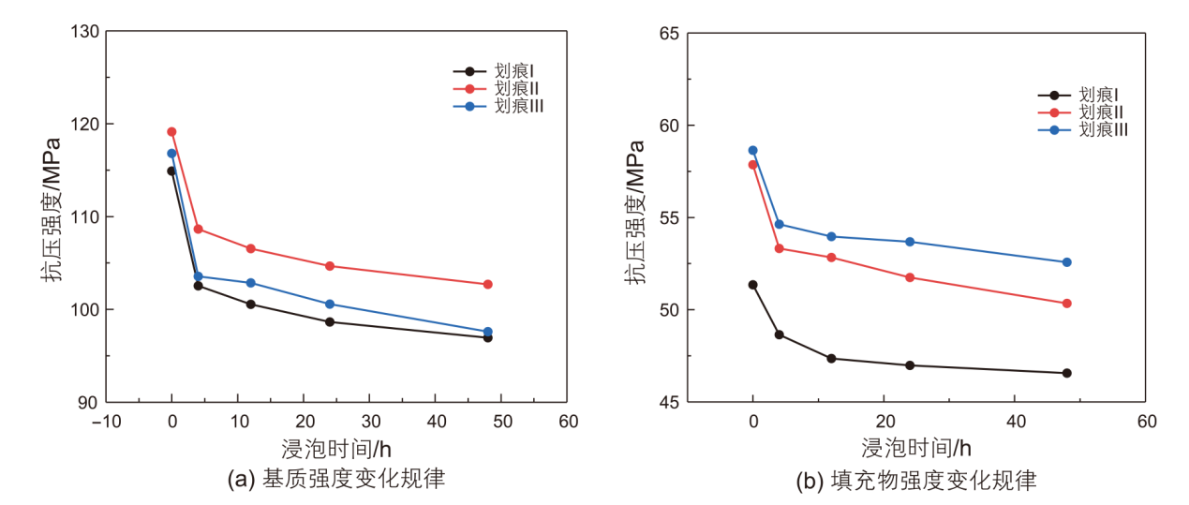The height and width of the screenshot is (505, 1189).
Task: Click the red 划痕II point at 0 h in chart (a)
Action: (171, 132)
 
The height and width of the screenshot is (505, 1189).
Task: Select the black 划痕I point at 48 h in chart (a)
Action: (487, 337)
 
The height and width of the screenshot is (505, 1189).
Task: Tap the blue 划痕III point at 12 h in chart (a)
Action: (250, 283)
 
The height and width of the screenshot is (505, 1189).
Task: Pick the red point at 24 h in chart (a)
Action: (330, 266)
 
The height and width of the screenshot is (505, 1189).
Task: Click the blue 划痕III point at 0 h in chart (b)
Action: (752, 150)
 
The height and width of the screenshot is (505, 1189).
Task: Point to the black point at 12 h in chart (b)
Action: (831, 359)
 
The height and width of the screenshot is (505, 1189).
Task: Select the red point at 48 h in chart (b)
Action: (1066, 304)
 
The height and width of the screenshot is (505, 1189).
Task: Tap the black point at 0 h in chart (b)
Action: (752, 285)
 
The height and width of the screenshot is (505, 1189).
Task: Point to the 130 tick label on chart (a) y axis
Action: (83, 31)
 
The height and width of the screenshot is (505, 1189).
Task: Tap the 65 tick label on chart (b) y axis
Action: (668, 34)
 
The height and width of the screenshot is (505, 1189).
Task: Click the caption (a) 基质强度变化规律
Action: (336, 480)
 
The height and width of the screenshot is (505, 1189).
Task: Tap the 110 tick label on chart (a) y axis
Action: (83, 216)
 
